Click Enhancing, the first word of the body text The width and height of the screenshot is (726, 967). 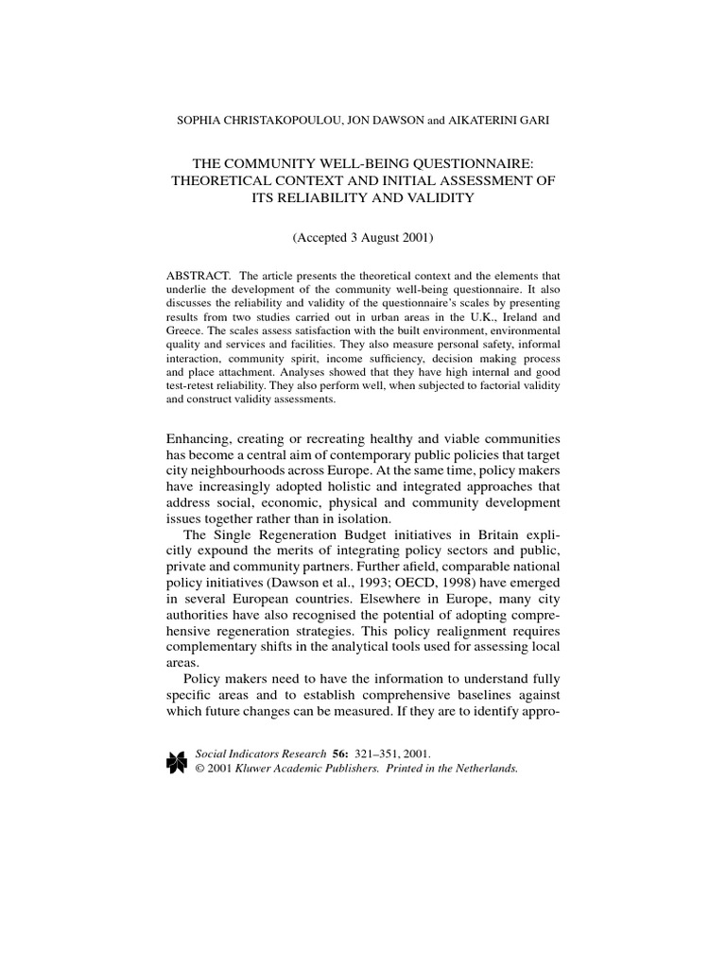point(204,438)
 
